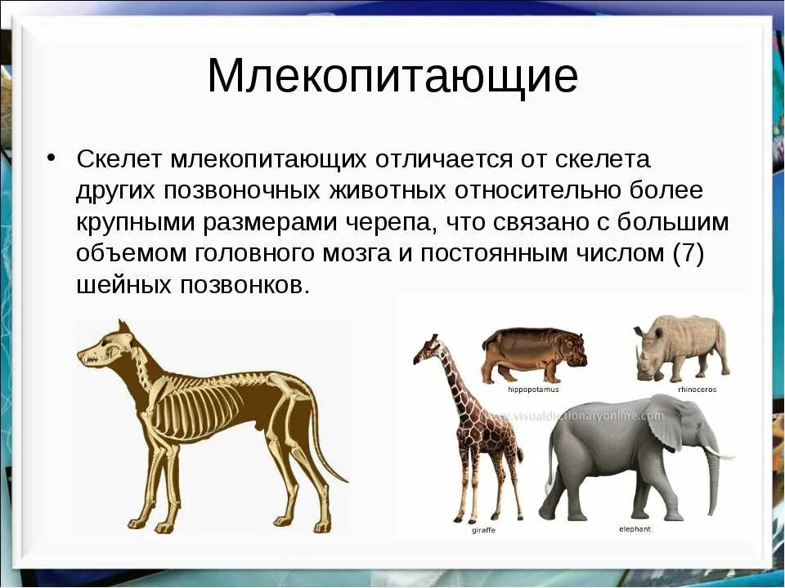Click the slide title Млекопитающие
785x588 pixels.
pos(392,77)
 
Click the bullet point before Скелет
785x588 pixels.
pos(51,157)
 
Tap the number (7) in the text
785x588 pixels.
pos(688,253)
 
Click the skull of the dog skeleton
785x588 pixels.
pos(102,351)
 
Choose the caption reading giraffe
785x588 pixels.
pos(483,530)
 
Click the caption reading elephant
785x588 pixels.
pos(635,529)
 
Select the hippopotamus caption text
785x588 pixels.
pos(533,390)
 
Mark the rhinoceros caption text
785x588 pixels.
pos(697,390)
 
